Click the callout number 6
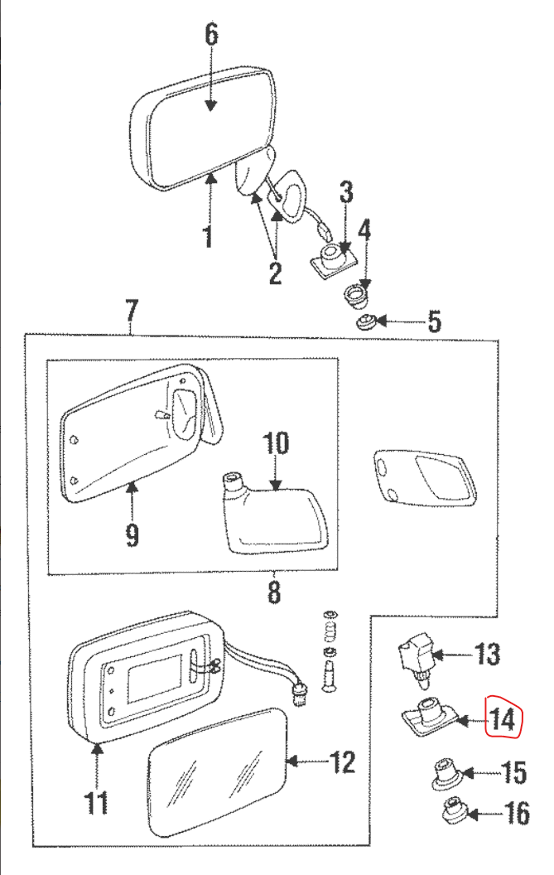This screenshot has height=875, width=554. [210, 35]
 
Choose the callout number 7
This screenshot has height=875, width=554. [131, 312]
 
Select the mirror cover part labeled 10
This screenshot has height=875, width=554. [273, 516]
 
